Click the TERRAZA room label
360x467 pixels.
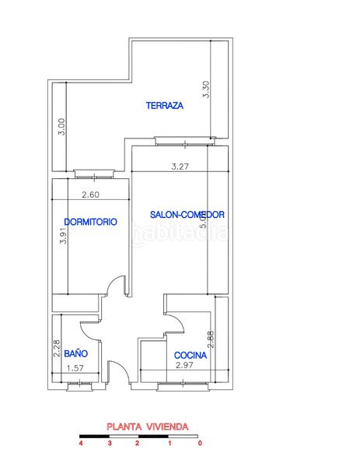click(164, 106)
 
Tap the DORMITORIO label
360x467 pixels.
click(91, 222)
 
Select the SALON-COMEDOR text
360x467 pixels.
click(187, 215)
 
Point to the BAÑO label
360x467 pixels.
click(75, 353)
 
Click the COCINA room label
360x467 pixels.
click(190, 355)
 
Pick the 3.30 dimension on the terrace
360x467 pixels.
click(206, 88)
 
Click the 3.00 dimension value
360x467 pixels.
click(62, 127)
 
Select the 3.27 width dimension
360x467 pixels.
click(180, 166)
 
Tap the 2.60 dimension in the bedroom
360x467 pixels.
click(89, 195)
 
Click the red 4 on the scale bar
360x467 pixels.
click(80, 444)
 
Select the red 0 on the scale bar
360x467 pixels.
click(201, 444)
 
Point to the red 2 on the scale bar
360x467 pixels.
click(137, 444)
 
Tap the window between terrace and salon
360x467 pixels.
click(183, 141)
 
